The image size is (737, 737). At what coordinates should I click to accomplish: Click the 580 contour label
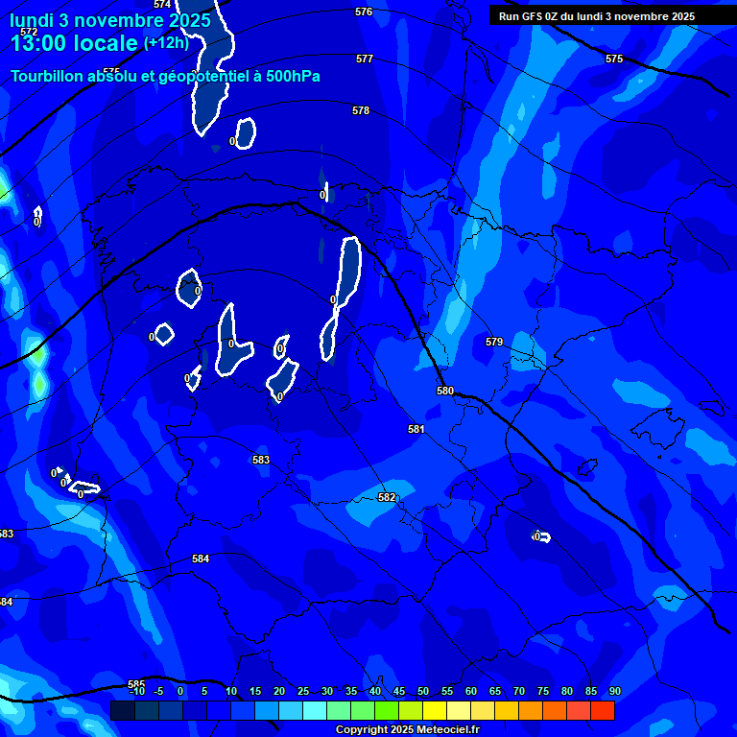click(x=445, y=391)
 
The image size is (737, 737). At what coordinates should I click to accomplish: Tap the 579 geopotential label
click(x=494, y=342)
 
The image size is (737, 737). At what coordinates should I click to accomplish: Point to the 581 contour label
click(x=416, y=429)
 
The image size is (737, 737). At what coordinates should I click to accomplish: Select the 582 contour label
click(x=387, y=497)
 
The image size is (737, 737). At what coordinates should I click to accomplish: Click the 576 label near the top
click(x=363, y=12)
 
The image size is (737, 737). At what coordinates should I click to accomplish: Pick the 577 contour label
click(x=365, y=59)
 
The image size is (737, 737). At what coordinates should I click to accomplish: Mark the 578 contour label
click(x=361, y=110)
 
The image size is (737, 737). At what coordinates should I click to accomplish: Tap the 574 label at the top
click(x=162, y=5)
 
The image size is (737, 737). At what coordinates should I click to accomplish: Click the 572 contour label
click(x=29, y=32)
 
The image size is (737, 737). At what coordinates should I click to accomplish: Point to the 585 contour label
click(x=136, y=684)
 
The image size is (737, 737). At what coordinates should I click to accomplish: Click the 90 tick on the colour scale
click(x=614, y=691)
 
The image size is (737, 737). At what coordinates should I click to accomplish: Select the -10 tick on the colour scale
click(x=136, y=691)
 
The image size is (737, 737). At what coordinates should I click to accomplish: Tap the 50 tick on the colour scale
click(x=423, y=691)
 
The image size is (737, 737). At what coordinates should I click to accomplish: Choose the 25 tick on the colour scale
click(x=303, y=691)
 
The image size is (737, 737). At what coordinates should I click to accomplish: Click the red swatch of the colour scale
click(x=603, y=710)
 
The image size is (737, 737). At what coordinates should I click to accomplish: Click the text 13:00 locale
click(x=74, y=43)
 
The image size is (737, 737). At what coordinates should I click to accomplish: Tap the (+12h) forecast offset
click(x=166, y=42)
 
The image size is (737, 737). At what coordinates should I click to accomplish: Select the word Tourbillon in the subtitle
click(x=48, y=77)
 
